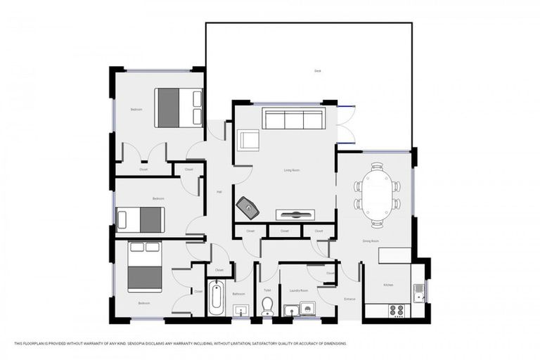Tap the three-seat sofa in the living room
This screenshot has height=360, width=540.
coord(293,118)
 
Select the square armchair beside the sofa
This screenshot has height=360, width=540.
coord(248,140)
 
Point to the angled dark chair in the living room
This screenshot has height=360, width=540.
coord(247,207)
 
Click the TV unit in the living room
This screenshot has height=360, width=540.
coord(295,215)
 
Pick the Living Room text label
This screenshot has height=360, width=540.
coord(292,169)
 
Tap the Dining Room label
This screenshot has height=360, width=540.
coord(371,241)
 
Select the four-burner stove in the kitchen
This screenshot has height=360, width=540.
coord(397,309)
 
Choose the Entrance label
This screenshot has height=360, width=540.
coord(349,300)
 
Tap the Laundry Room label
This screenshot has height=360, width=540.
coord(300,290)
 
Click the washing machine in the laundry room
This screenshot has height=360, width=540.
coord(307,308)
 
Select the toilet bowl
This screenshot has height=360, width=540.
coord(267,306)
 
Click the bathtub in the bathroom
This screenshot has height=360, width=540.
coord(217,298)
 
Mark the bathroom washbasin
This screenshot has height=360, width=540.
coord(240,309)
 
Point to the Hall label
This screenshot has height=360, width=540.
coord(219,191)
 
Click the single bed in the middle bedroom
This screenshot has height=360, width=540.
coord(140,219)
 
